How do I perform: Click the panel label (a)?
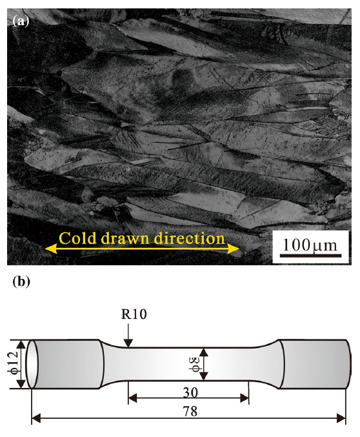[21, 21]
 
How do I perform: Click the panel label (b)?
[21, 281]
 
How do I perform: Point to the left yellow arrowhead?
[51, 249]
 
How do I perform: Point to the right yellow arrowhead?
[234, 249]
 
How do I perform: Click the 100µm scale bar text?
[310, 245]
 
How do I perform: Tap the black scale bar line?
[310, 255]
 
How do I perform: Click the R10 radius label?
[134, 314]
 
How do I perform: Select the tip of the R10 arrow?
[128, 347]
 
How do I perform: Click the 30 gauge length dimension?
[190, 392]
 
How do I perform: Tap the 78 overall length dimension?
[190, 411]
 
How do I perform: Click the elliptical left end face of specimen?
[32, 364]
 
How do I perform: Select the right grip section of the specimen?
[314, 364]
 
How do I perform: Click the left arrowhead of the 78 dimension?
[37, 418]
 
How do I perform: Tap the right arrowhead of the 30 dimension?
[244, 398]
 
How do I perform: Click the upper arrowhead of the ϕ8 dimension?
[204, 352]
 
